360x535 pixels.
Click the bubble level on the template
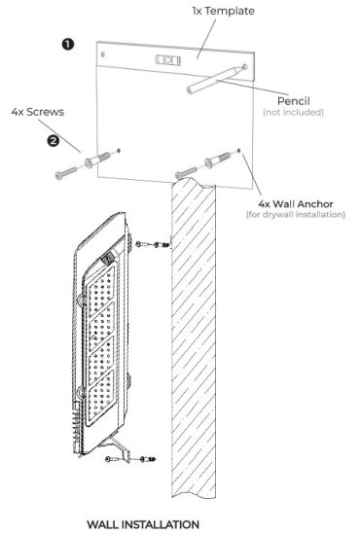167,58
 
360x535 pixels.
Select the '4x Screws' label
36,111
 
